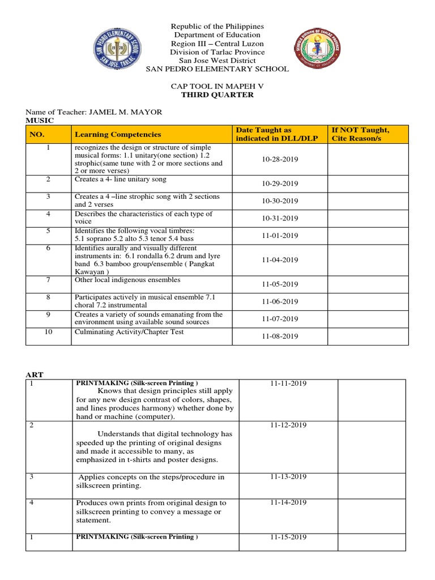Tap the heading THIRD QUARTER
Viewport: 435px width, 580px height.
(217, 95)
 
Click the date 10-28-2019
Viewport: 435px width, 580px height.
(280, 159)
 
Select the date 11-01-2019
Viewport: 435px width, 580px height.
(280, 235)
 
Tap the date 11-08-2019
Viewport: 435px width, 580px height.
(280, 336)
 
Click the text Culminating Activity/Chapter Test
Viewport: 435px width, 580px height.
(129, 332)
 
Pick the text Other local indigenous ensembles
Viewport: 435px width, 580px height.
(127, 280)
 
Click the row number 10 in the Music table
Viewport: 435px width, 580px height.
(49, 332)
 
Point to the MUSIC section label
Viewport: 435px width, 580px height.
(40, 121)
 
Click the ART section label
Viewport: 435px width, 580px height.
(35, 374)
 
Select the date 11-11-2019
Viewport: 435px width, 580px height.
(288, 383)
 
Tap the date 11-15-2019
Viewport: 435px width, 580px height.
(288, 537)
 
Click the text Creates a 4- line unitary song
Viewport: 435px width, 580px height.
(121, 179)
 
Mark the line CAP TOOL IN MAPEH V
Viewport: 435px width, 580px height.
(217, 86)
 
